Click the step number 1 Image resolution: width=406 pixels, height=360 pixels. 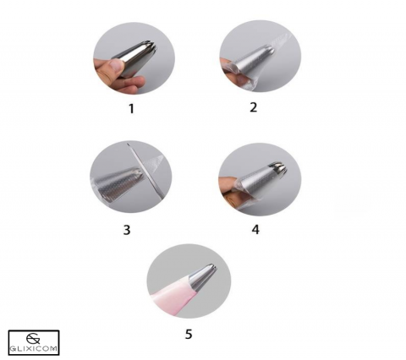pos(131,109)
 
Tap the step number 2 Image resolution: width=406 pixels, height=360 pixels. pos(254,107)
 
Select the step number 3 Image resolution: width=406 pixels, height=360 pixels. pos(127,230)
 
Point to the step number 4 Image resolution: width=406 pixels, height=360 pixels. pos(255,230)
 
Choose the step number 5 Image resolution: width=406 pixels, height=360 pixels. pos(189,334)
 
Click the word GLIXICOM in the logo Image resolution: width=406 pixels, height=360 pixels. pos(34,349)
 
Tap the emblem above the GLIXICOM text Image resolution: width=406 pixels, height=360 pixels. pos(33,339)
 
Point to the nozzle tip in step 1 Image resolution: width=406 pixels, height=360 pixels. pos(150,47)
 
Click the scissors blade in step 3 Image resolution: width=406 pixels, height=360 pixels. pos(145,172)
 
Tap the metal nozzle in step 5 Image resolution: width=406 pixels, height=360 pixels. pos(204,277)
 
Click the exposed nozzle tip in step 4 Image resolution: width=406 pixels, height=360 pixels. pos(278,168)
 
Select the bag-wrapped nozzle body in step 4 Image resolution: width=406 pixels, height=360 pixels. pos(252,183)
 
